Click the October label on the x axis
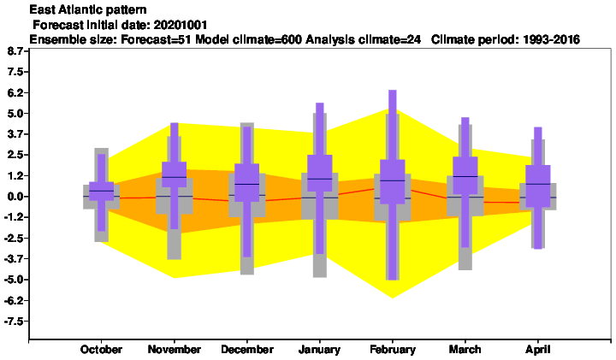point(101,350)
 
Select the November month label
point(174,350)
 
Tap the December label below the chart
point(247,350)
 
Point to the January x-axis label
point(319,350)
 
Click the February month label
point(393,350)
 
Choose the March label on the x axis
point(465,350)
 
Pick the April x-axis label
point(538,350)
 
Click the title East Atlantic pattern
point(88,9)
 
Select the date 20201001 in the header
point(181,25)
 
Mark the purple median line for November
point(174,177)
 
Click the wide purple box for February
point(393,182)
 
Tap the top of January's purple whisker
point(320,103)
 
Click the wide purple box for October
point(101,192)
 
